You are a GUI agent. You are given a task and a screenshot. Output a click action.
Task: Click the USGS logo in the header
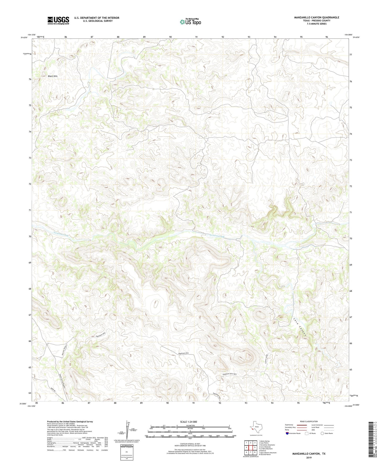(58, 20)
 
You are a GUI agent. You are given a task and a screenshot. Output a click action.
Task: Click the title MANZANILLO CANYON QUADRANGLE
(316, 18)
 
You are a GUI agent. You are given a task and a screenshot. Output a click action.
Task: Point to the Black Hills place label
(53, 76)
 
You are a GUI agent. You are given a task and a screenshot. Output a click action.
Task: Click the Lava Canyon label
(300, 327)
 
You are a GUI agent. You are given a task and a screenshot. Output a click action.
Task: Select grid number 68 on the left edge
(30, 289)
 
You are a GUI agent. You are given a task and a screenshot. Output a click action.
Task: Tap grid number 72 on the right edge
(351, 186)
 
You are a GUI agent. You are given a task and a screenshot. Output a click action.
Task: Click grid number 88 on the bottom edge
(115, 403)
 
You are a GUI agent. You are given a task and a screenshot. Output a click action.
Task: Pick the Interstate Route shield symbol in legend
(288, 433)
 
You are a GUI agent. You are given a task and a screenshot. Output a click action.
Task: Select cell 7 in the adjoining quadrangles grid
(250, 452)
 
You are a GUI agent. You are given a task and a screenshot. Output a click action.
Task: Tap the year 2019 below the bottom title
(309, 457)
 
